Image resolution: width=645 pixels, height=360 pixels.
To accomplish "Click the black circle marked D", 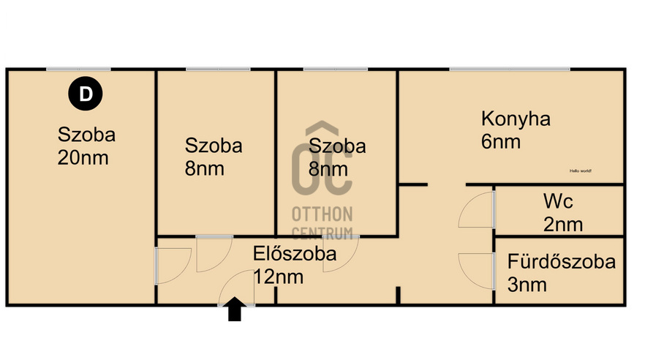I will [86, 94].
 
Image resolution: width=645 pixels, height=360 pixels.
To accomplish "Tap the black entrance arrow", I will [235, 310].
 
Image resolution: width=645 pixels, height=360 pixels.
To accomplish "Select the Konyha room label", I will [516, 119].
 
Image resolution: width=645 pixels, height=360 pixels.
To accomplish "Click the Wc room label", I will [557, 200].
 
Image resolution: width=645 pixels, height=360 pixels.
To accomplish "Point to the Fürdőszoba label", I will [561, 261].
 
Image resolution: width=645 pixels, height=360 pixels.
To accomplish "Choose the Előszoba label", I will [295, 254].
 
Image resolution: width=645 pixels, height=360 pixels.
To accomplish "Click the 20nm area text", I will [83, 157].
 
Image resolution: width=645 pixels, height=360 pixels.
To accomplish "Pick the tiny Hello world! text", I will [581, 170].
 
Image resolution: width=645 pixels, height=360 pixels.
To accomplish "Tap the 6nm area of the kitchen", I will [501, 142].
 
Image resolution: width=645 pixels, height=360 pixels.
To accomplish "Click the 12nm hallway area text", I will [279, 277].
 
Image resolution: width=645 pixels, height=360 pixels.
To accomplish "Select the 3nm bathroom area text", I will [527, 285].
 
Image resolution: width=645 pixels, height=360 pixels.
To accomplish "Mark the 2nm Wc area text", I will [563, 224].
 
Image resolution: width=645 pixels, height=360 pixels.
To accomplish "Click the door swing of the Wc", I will [477, 210].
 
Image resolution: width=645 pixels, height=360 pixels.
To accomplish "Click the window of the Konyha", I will [509, 70].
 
